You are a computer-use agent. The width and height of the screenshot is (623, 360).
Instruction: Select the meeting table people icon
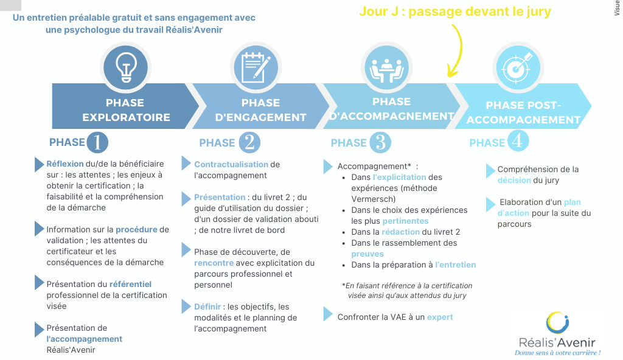coord(387,67)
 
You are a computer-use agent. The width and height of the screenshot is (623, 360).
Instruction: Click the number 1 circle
coord(98,142)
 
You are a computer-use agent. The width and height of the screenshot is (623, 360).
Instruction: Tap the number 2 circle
coord(249,142)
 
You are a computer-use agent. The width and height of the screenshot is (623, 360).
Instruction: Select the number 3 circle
coord(380,142)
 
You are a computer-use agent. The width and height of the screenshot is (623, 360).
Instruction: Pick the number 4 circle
coord(517,141)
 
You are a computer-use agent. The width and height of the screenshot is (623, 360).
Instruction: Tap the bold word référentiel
coord(130,284)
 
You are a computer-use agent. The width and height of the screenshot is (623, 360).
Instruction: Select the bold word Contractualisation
coord(231,164)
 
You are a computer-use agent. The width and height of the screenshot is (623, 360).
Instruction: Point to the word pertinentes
coord(405,221)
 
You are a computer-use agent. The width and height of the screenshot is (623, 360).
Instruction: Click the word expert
coord(440,317)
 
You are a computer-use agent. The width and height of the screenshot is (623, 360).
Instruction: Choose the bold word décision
coord(514,181)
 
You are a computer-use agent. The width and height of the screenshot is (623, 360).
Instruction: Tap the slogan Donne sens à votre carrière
coord(557,353)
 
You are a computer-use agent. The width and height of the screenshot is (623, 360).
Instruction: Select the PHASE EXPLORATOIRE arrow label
coord(126,110)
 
